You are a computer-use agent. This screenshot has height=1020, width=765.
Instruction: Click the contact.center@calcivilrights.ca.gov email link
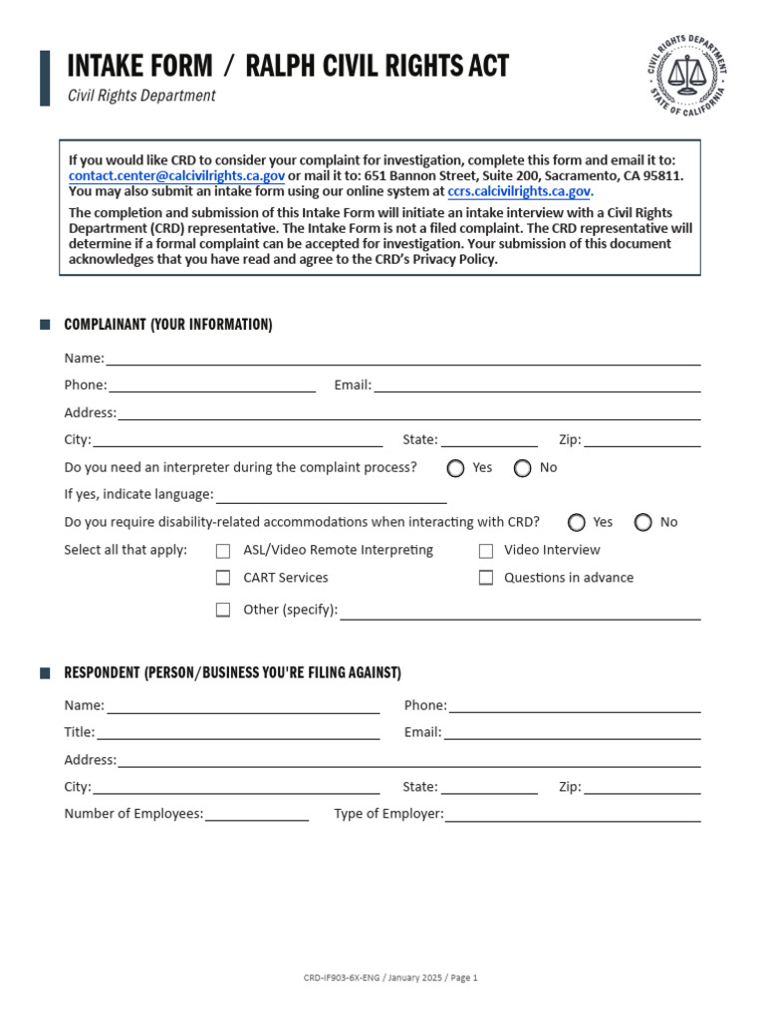[176, 175]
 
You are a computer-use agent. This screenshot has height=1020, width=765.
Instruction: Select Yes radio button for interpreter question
[456, 468]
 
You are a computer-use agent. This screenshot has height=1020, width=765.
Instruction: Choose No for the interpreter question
[523, 468]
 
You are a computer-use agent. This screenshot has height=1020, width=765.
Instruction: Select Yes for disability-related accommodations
[577, 523]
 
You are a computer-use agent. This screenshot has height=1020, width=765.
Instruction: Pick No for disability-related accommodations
[643, 523]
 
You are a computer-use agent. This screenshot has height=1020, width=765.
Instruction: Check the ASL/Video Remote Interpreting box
[223, 551]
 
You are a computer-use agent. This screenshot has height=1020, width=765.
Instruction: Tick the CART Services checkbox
[223, 578]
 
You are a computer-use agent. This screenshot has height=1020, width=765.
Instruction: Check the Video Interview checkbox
[486, 551]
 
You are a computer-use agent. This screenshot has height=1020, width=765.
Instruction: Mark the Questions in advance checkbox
[486, 578]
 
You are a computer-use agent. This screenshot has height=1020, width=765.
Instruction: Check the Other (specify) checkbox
[223, 610]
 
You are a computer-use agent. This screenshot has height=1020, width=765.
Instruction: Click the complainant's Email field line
[537, 385]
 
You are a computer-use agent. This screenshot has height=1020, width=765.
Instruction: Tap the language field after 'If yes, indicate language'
[331, 495]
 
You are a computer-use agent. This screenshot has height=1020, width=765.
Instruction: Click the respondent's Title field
[237, 733]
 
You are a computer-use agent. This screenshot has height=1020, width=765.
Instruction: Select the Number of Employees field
[256, 814]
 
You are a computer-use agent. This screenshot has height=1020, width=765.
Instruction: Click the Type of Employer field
[573, 814]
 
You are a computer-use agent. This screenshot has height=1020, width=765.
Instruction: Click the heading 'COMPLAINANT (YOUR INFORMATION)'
[167, 325]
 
